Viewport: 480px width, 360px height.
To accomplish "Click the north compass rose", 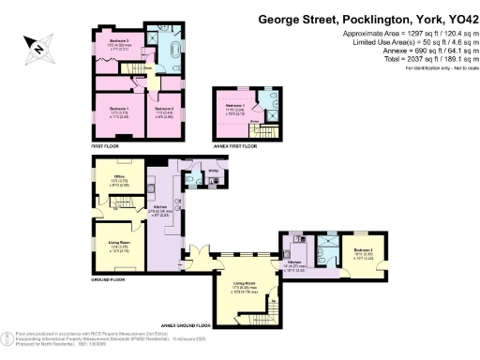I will tap(37, 44).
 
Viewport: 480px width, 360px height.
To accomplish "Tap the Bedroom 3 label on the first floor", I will tap(118, 43).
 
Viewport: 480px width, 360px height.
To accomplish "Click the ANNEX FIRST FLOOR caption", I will tap(236, 146).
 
